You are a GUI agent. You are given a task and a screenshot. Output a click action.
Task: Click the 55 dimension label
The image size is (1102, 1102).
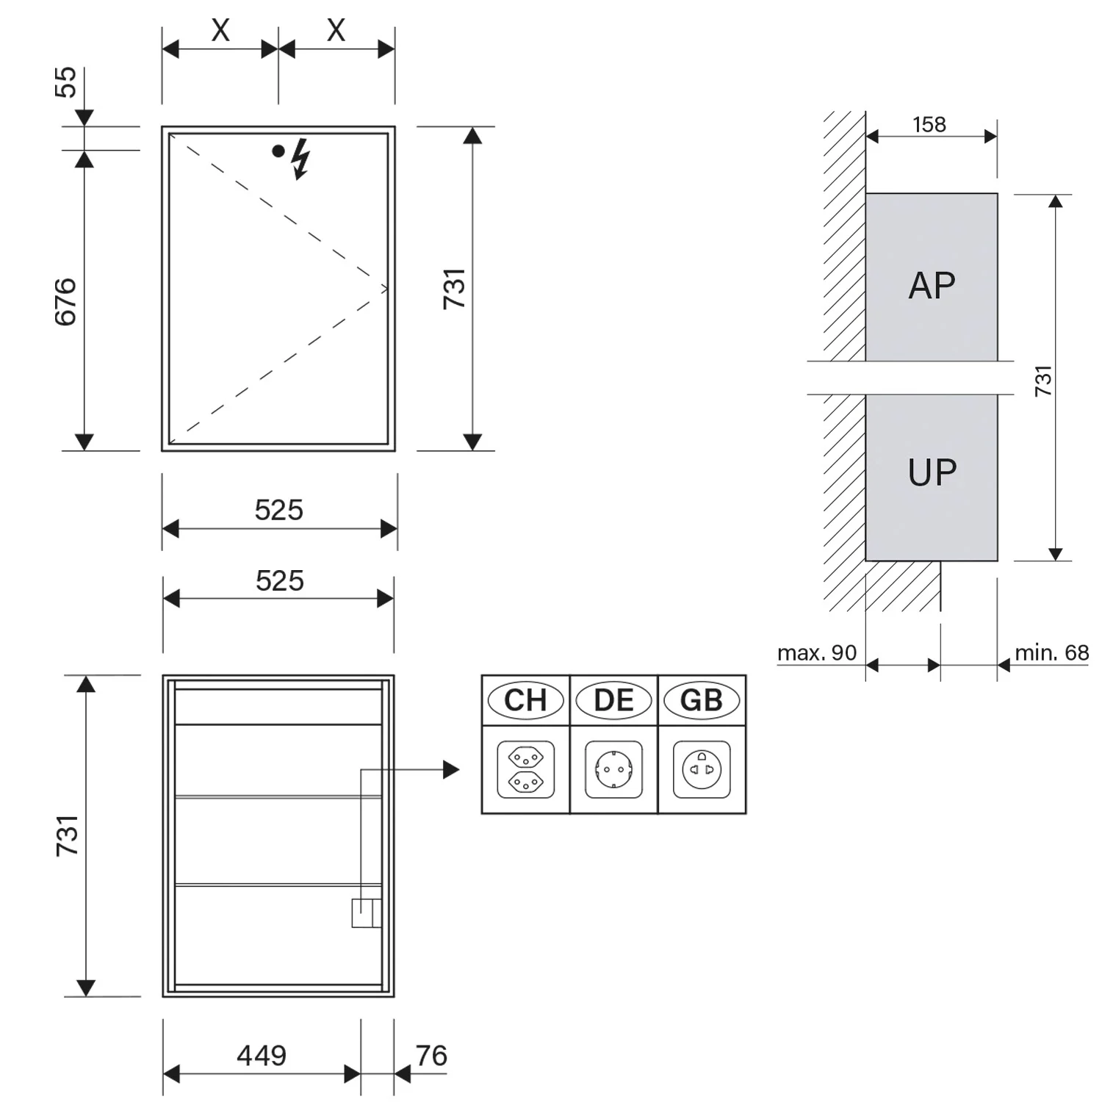65,82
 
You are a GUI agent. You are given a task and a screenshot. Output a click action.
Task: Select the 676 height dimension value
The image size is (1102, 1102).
65,302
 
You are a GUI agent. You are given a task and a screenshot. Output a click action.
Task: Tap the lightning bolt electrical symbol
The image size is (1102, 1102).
300,159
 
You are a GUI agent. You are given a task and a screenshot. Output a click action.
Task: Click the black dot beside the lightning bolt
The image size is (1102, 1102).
278,151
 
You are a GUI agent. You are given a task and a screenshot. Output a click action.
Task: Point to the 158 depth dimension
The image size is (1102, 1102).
929,125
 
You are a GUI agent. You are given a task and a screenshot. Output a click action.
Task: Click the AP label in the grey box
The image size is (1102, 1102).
932,286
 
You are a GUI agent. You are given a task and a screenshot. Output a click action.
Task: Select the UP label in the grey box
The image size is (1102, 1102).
932,472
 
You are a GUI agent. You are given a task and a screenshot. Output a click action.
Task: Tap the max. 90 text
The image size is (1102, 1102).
817,652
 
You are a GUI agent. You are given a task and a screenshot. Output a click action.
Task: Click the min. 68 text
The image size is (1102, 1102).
1051,652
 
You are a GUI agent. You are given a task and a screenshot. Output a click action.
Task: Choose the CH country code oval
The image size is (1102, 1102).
525,700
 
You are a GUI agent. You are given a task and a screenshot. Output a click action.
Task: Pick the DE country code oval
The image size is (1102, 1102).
613,700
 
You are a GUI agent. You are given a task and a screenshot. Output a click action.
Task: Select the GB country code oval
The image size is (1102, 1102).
702,700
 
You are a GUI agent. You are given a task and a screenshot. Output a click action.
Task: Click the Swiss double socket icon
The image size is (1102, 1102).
525,769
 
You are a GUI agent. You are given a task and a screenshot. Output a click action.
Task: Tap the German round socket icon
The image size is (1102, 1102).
613,769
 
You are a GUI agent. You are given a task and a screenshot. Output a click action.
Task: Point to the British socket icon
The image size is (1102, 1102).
702,769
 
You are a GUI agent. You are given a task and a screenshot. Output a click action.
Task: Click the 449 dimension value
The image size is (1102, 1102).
262,1056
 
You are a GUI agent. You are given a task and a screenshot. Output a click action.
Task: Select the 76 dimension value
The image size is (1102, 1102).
431,1056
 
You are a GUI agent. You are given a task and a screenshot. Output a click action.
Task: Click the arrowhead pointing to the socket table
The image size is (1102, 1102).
451,770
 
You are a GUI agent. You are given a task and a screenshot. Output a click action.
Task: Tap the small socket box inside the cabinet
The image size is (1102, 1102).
367,913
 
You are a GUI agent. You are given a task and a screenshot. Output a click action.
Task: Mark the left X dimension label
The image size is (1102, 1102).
220,31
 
